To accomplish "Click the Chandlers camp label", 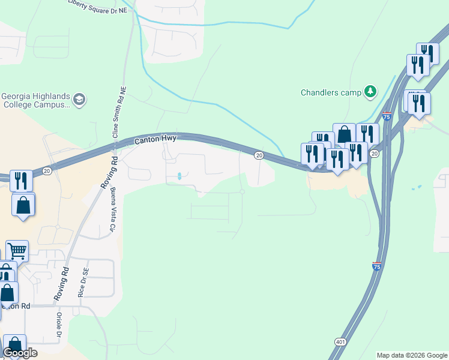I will (x=331, y=92).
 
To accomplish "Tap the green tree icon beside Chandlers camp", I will (x=372, y=91).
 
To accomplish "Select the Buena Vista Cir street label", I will (x=112, y=210).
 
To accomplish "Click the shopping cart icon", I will (x=17, y=250).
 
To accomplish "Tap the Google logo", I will (x=20, y=353).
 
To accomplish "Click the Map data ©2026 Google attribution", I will (x=412, y=355).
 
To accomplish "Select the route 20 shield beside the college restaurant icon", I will (x=46, y=172).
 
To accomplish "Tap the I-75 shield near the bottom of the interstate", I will (x=376, y=266).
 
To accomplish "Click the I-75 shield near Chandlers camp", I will (x=387, y=116).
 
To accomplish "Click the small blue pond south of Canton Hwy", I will (x=180, y=176).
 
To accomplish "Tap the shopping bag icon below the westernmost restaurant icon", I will (x=23, y=205).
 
